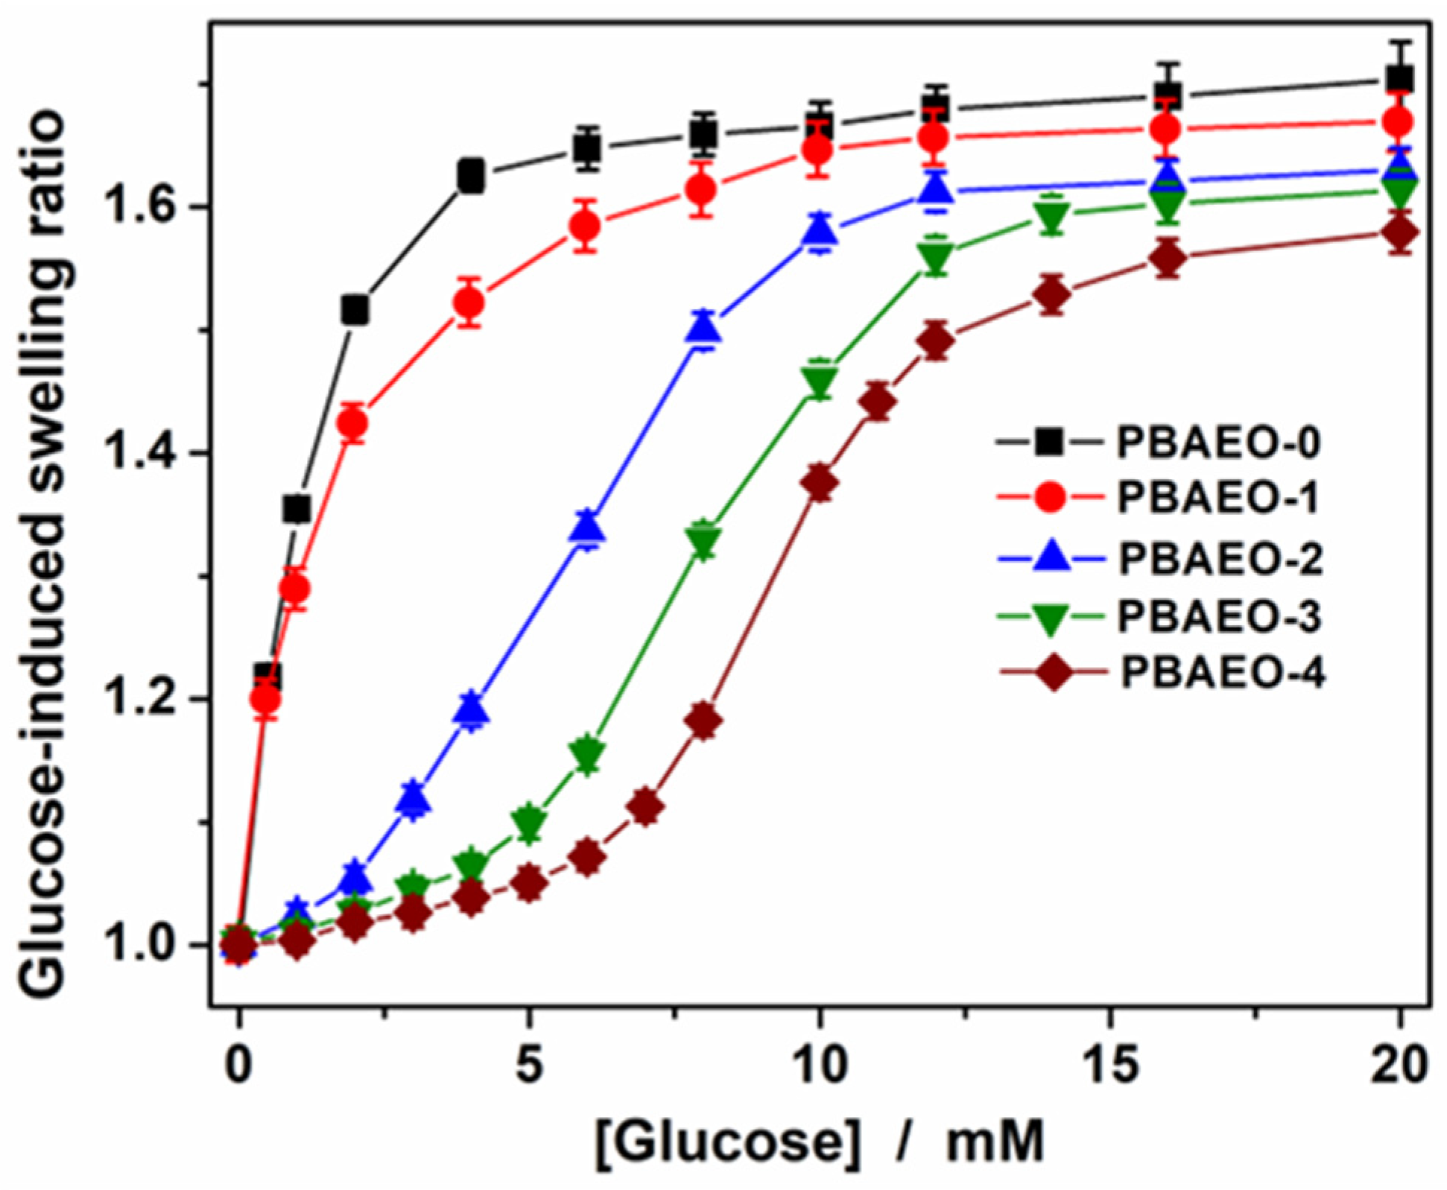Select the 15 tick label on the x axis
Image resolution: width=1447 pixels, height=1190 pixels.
1109,1066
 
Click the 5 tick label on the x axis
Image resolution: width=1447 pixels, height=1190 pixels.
529,1066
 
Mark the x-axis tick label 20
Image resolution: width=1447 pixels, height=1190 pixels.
1399,1066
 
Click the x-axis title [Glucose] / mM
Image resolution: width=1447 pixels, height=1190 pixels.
820,1141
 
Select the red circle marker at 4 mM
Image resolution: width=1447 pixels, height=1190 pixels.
469,303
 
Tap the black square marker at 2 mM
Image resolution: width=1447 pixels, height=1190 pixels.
355,309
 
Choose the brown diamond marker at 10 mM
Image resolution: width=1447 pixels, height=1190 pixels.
820,484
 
